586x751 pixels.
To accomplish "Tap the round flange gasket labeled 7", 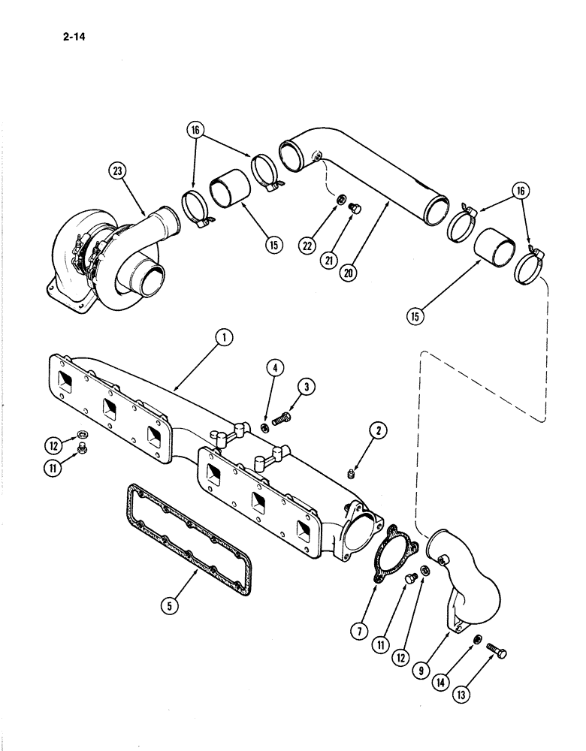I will coord(390,556).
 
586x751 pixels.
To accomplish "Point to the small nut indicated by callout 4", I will coord(265,427).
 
